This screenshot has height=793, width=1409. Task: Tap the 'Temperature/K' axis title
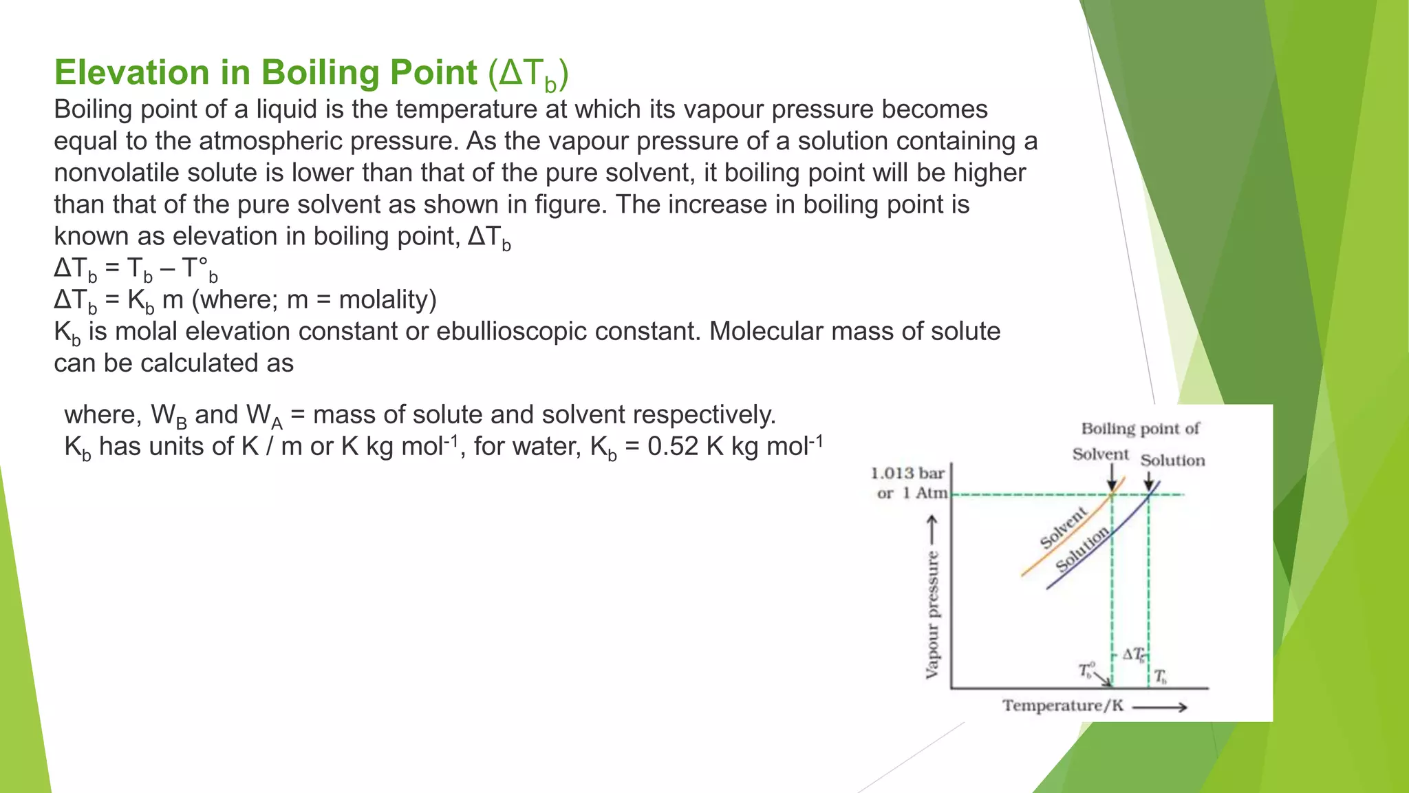[1062, 706]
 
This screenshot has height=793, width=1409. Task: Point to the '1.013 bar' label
[907, 474]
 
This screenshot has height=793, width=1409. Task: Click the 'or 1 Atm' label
[912, 493]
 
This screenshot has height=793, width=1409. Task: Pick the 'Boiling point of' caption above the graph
[1140, 429]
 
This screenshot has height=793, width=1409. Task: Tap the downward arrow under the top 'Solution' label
[1148, 480]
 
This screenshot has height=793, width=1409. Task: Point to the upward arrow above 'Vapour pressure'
[932, 530]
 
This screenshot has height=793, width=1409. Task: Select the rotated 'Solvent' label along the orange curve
[1064, 527]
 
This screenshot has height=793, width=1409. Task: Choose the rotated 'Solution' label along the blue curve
[1083, 549]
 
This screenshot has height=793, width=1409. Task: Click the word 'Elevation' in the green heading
[131, 72]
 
